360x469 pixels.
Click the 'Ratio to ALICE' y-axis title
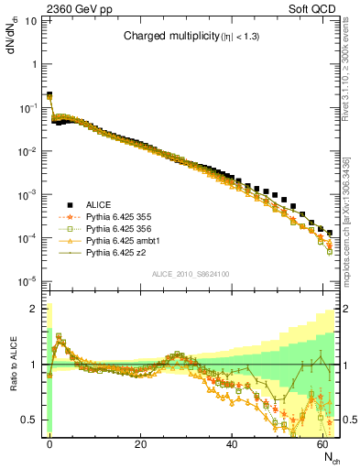[13, 365]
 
